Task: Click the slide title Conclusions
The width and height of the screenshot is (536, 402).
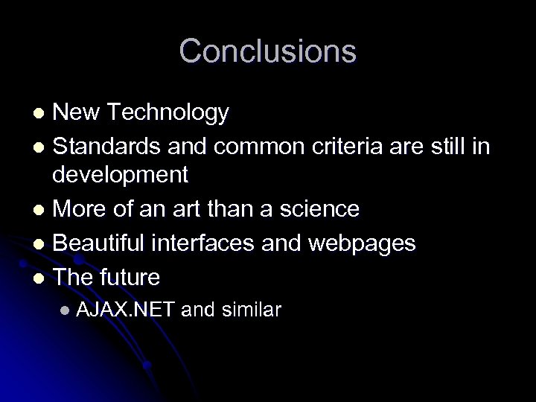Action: tap(268, 51)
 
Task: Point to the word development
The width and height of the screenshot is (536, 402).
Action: tap(121, 176)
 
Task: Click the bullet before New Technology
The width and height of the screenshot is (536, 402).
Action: tap(42, 115)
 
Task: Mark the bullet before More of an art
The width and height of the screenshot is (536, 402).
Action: tap(42, 210)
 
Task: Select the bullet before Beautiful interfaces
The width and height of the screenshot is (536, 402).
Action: tap(42, 243)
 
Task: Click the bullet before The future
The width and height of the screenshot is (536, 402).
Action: tap(42, 278)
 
